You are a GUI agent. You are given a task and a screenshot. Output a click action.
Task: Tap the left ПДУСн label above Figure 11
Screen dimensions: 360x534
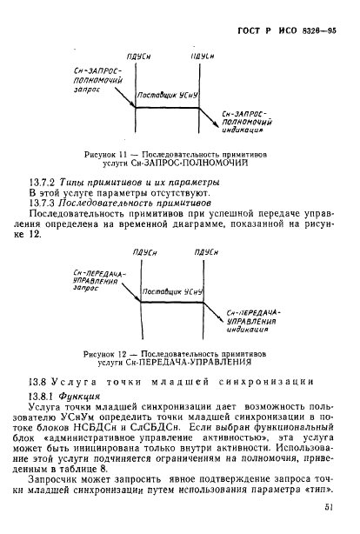pos(136,55)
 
